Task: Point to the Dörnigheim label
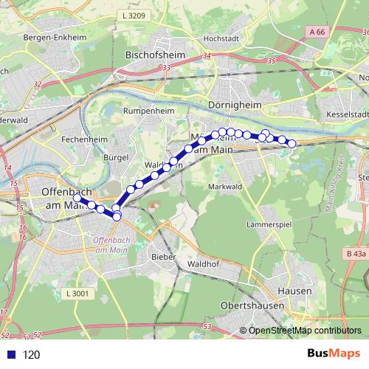[236, 106]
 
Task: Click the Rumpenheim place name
[148, 112]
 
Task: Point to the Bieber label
[163, 257]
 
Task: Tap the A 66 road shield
[318, 32]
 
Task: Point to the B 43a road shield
[354, 253]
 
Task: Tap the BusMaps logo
[334, 354]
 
